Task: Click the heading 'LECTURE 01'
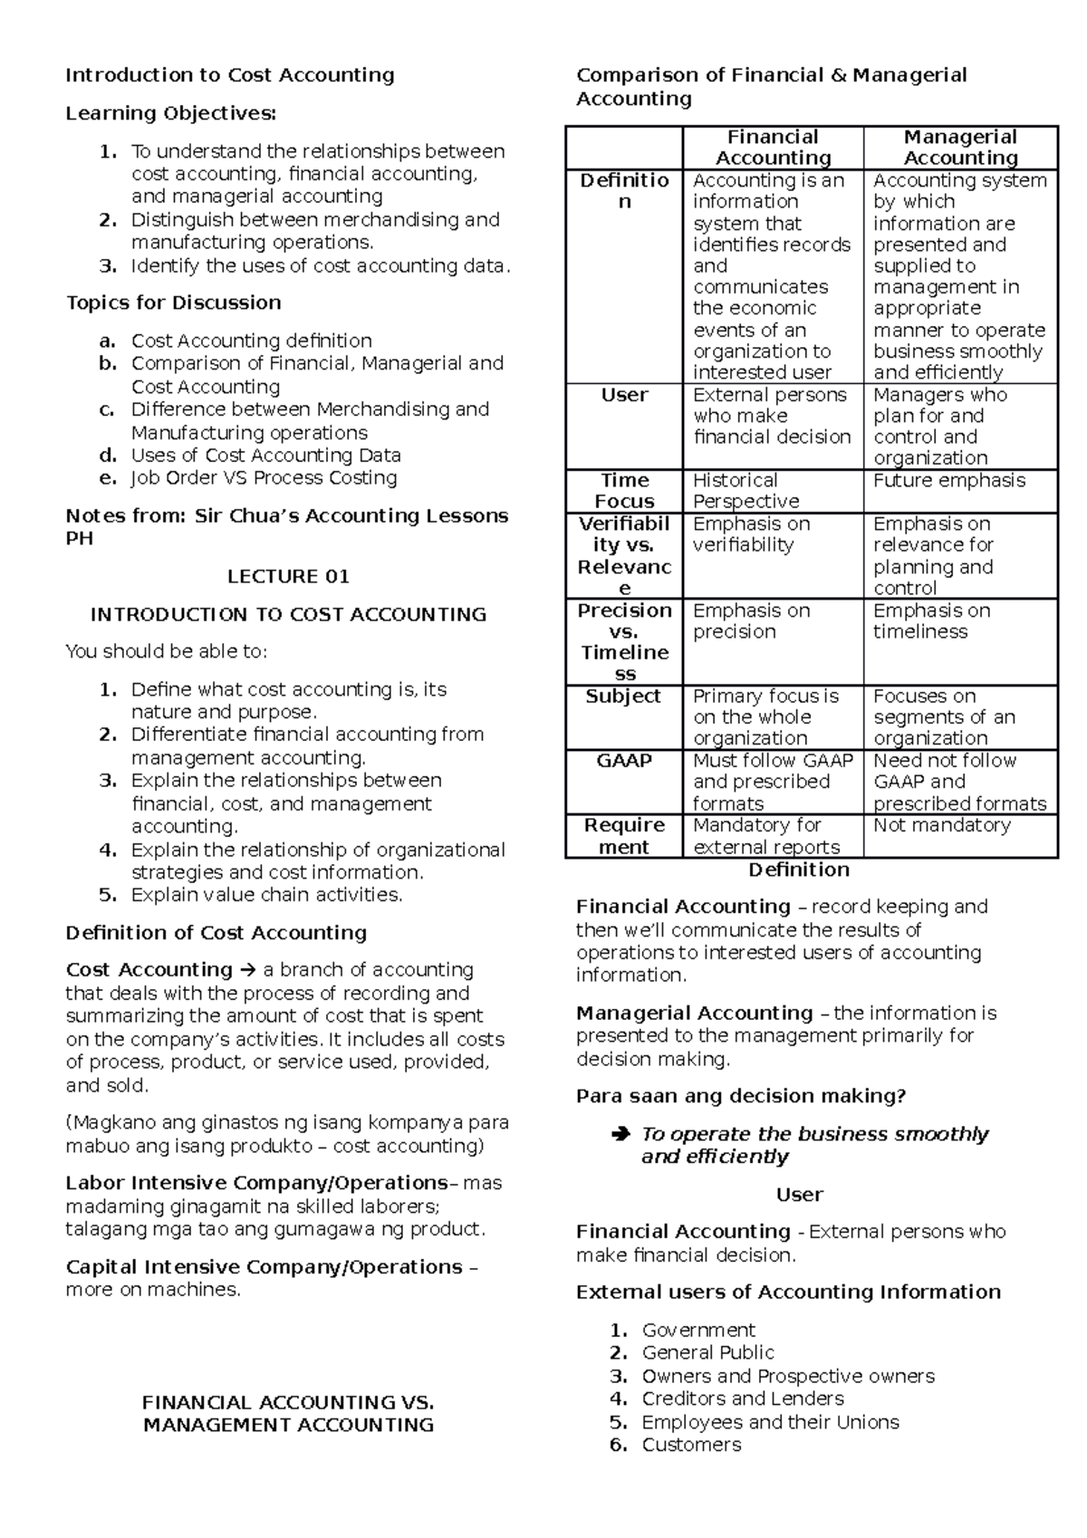pos(288,577)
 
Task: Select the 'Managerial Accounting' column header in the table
pos(960,147)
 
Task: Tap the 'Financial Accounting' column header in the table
pos(773,147)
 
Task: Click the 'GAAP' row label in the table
pos(624,761)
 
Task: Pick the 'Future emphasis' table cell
pos(949,481)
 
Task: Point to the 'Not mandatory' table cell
pos(942,825)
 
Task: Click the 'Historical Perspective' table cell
pos(746,491)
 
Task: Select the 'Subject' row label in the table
pos(624,697)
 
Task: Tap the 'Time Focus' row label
pos(624,491)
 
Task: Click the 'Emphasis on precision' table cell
pos(751,621)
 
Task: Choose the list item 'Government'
pos(697,1330)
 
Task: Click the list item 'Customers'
pos(691,1445)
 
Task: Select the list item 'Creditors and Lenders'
pos(742,1399)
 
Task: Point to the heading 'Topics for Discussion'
pos(174,303)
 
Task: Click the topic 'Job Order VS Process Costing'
pos(264,478)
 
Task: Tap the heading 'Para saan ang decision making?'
pos(741,1096)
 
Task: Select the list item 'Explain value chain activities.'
pos(266,895)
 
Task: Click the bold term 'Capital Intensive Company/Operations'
pos(264,1267)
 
